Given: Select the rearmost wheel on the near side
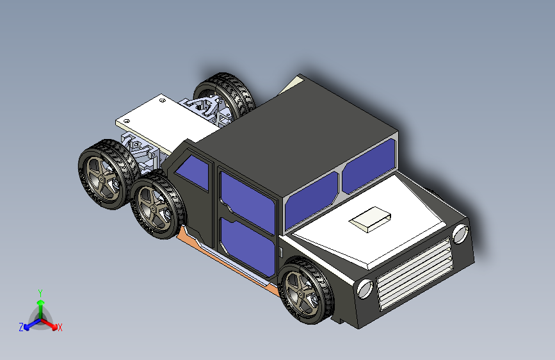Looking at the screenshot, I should pyautogui.click(x=102, y=173).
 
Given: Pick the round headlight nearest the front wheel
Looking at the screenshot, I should pyautogui.click(x=365, y=289).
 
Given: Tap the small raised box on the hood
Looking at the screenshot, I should pyautogui.click(x=371, y=218).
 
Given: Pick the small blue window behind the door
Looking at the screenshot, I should pyautogui.click(x=193, y=172).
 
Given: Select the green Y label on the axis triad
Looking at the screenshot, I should pyautogui.click(x=40, y=292).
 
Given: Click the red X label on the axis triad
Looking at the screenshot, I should pyautogui.click(x=60, y=327).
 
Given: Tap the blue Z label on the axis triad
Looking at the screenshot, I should pyautogui.click(x=21, y=327).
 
